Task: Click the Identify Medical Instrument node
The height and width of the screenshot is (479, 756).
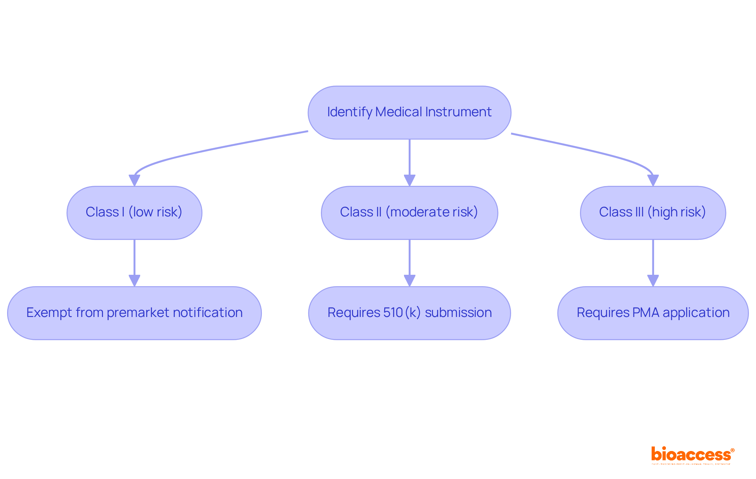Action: pos(409,112)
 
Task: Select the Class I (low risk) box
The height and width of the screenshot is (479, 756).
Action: pos(134,212)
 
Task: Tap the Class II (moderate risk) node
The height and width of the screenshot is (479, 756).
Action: pos(409,212)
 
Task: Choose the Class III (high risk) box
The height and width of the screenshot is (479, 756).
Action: pos(652,212)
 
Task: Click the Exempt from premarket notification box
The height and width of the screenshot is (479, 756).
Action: pos(134,313)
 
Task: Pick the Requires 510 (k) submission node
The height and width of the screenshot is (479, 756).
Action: pos(409,313)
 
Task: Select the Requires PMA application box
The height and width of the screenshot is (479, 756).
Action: pos(652,313)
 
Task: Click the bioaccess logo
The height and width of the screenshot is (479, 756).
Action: pos(692,455)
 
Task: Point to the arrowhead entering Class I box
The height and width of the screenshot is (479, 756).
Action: pos(134,181)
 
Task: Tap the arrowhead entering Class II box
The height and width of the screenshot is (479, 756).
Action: pos(409,181)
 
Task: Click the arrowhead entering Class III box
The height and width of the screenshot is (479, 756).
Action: pos(653,181)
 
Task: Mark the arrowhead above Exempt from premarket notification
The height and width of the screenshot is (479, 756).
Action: pos(134,281)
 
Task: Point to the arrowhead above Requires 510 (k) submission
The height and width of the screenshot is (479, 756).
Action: pos(409,281)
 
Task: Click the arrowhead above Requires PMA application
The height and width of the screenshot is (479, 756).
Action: pos(653,281)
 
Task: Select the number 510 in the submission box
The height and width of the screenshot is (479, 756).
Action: pos(393,313)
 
